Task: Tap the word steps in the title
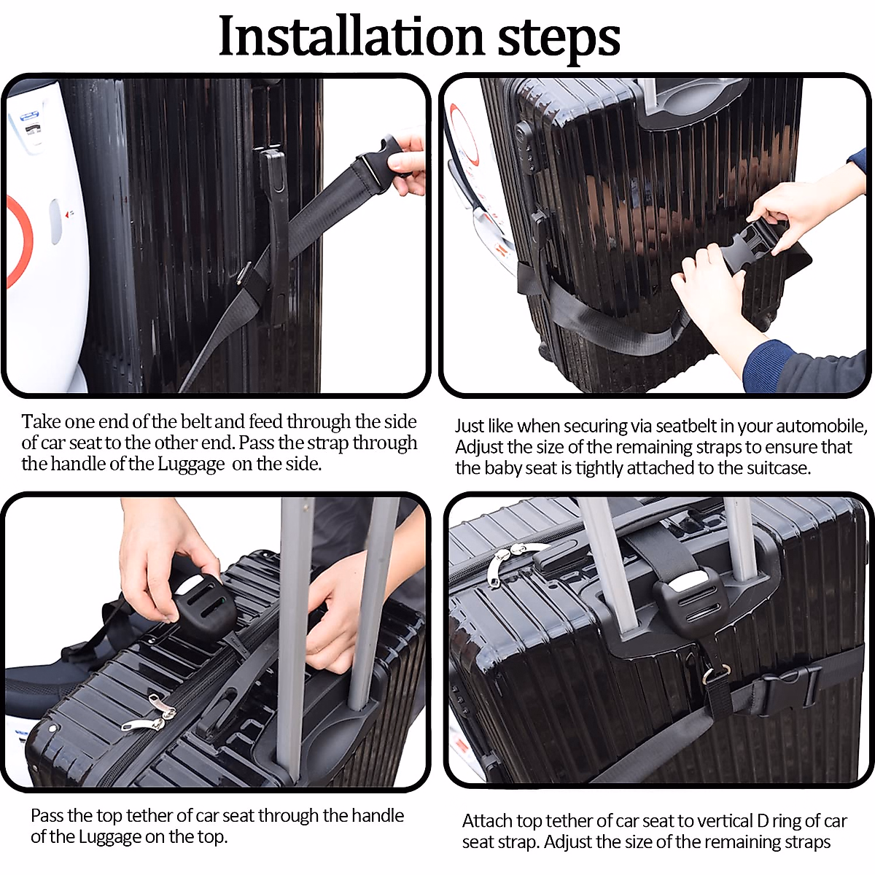coord(559,38)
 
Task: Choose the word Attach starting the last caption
coord(489,821)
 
